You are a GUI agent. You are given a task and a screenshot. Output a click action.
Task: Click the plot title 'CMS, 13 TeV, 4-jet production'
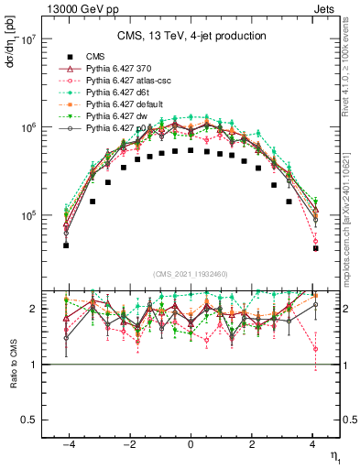[191, 37]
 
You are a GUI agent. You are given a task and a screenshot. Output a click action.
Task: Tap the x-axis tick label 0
[191, 443]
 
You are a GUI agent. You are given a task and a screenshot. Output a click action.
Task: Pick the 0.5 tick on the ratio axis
[27, 420]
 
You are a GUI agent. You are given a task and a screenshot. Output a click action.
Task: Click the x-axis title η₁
[333, 455]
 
